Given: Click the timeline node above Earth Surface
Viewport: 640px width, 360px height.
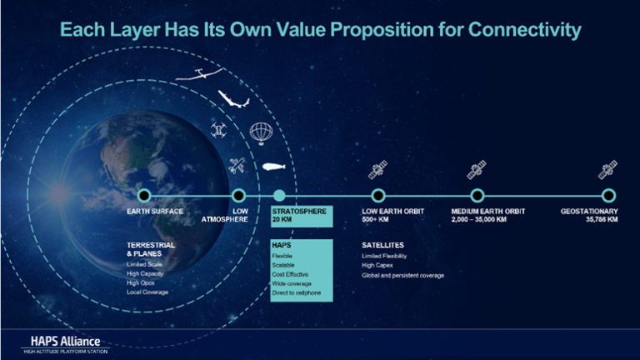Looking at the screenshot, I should (x=143, y=195).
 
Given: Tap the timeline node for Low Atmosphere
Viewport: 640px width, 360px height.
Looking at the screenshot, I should (x=238, y=195).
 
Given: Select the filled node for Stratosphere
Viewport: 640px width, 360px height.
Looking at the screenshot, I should (x=279, y=195).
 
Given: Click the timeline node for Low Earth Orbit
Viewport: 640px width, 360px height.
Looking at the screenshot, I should (x=377, y=195).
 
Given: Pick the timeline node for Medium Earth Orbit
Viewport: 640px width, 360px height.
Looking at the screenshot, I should (x=477, y=195).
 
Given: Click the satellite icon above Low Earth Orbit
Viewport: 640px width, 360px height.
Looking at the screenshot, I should (x=378, y=171).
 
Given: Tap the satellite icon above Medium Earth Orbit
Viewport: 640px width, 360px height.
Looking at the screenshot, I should (x=477, y=171).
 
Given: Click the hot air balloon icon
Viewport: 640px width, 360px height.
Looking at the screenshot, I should (x=260, y=132).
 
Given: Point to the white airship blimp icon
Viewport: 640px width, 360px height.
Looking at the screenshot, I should (x=276, y=166).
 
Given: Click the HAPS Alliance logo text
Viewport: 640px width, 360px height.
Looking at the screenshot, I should (x=61, y=341).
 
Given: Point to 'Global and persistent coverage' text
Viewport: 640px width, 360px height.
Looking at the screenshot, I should (x=402, y=275).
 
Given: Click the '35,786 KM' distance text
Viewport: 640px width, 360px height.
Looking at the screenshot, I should (x=600, y=220).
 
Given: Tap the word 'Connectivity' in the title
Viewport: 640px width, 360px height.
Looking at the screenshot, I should (x=522, y=31).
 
